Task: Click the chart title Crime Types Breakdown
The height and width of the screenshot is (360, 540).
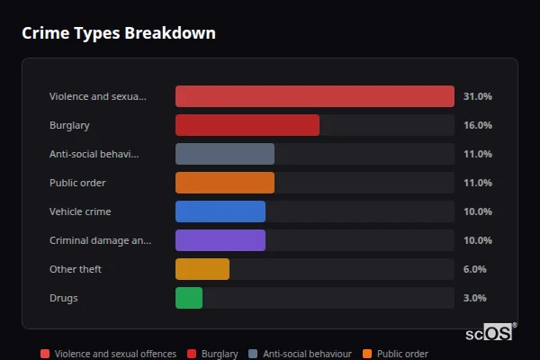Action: pos(119,33)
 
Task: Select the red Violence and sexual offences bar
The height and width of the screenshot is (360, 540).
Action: pos(314,96)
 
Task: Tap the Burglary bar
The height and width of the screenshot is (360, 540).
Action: pos(247,125)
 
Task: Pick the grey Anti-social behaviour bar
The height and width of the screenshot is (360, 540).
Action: pos(224,154)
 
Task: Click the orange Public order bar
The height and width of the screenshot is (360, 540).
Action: pos(224,183)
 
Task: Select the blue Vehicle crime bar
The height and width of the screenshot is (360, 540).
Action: pos(220,211)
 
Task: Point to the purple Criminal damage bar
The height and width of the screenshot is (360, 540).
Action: pos(220,240)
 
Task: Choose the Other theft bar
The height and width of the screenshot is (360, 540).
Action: pos(202,269)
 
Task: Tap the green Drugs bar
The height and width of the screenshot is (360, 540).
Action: pos(188,298)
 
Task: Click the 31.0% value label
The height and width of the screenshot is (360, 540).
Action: pos(477,96)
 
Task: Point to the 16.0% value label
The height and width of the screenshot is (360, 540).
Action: pos(477,125)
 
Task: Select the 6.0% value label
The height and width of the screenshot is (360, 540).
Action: pos(474,269)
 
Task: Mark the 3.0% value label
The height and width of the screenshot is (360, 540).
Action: pos(474,298)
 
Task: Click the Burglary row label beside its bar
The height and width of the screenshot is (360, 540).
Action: pos(69,125)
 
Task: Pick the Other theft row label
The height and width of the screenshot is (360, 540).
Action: pos(76,269)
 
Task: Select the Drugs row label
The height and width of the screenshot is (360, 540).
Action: pos(63,298)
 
